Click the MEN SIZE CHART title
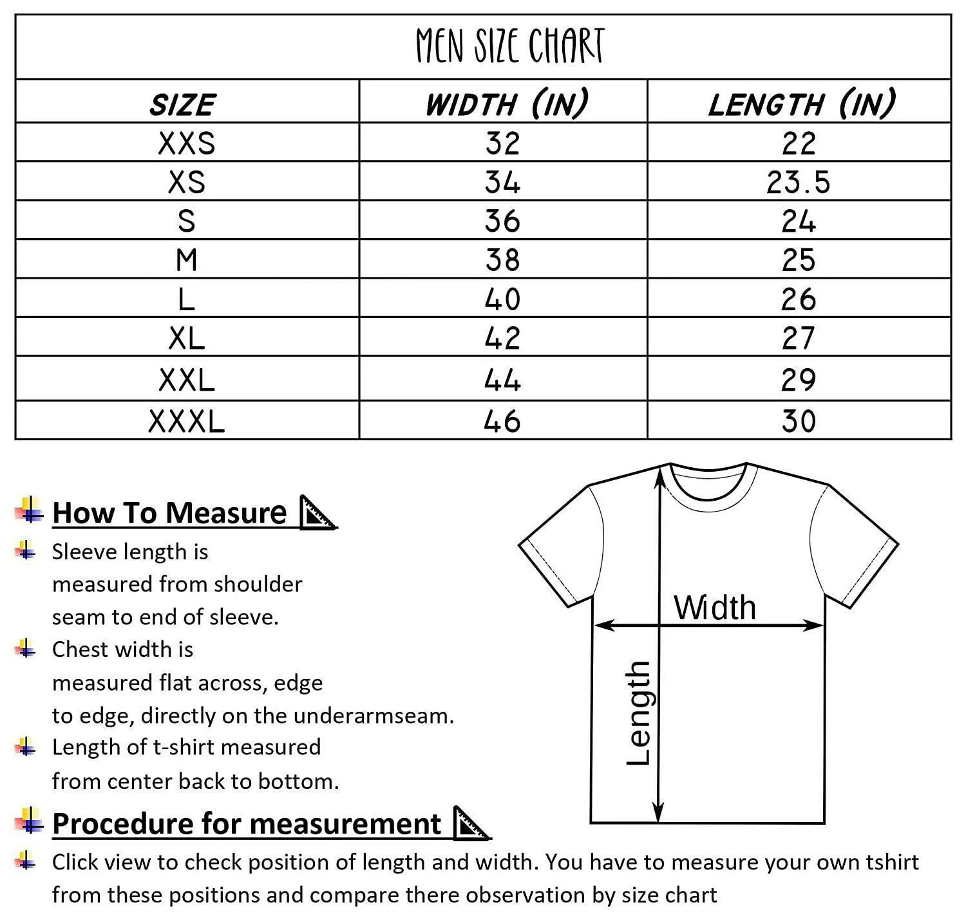(x=509, y=46)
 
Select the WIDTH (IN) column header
(x=506, y=104)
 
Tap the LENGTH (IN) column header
(x=801, y=104)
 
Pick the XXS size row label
(x=187, y=143)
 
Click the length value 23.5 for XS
(x=799, y=182)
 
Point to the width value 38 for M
(x=502, y=260)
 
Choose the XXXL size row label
(x=187, y=422)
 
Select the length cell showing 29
(x=799, y=380)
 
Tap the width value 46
(x=502, y=422)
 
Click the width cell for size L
(x=502, y=299)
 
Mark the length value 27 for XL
(x=799, y=338)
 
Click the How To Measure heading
(x=169, y=513)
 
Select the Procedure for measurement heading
(x=247, y=824)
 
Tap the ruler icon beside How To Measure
(x=317, y=513)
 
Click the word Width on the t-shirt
(x=715, y=608)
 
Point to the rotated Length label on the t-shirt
(x=639, y=713)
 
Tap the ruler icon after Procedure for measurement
(x=471, y=824)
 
